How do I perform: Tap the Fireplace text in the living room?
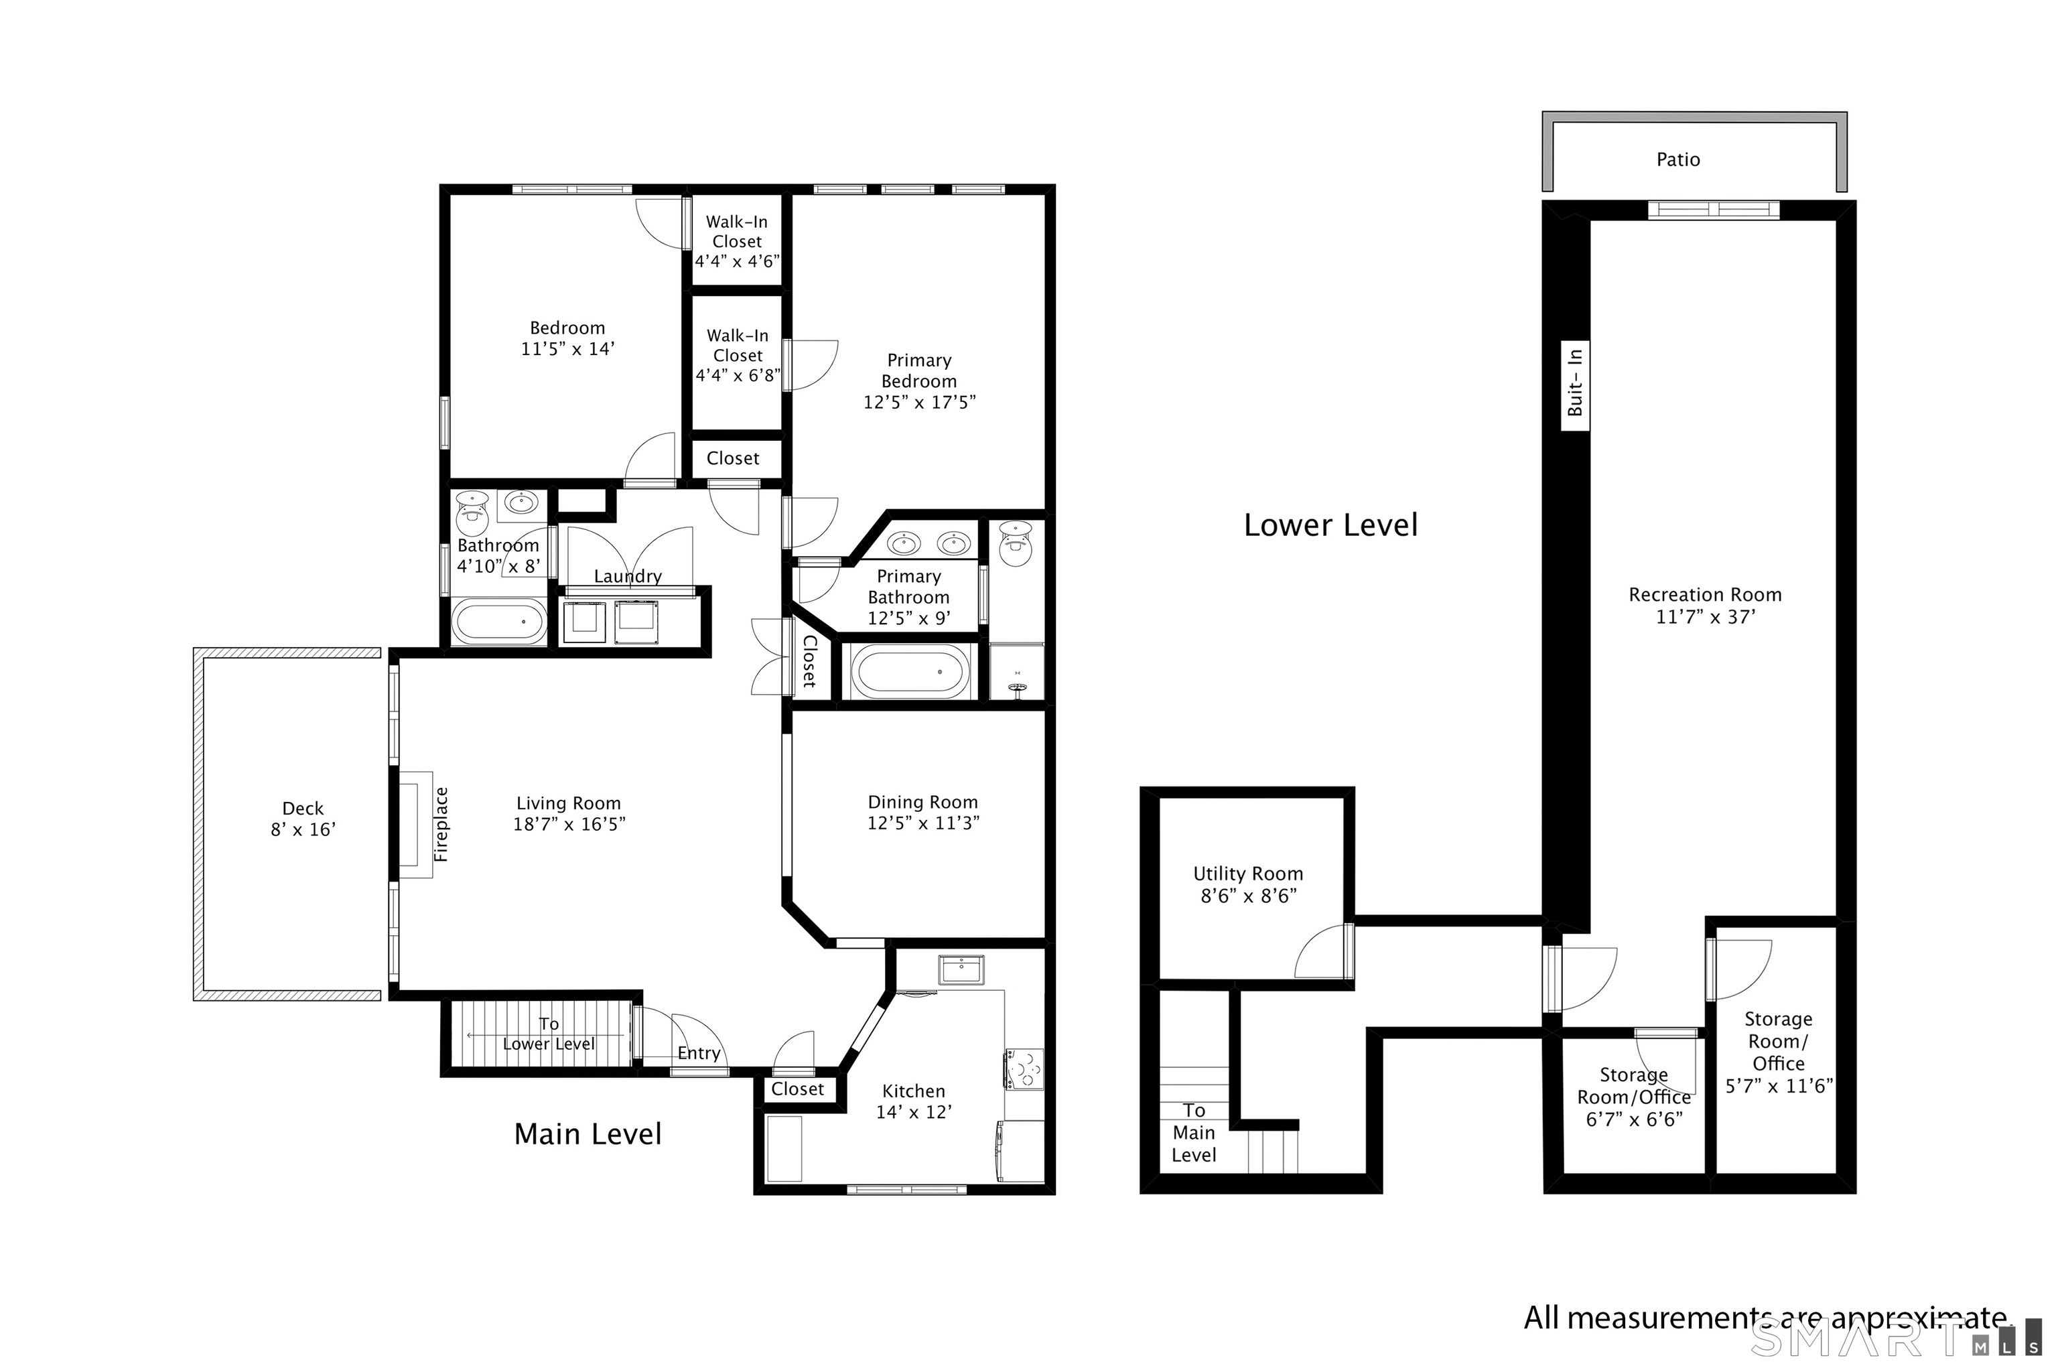[441, 824]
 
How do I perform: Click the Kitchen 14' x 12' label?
[914, 1101]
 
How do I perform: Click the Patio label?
[1678, 159]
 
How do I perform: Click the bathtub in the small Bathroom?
[498, 621]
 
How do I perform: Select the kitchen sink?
[961, 969]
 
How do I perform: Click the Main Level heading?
[588, 1134]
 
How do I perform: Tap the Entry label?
[698, 1054]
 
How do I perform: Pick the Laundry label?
[627, 575]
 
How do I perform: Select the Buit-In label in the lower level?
[1575, 383]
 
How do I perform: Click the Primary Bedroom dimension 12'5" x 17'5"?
[918, 403]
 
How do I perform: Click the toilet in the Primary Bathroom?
[1016, 543]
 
